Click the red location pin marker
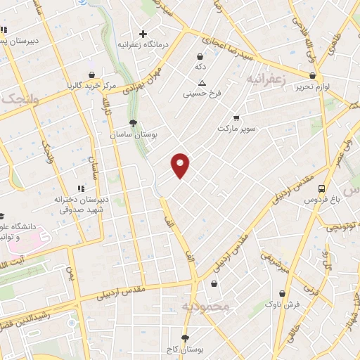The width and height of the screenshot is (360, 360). [181, 165]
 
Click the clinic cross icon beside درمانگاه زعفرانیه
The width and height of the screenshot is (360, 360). [143, 33]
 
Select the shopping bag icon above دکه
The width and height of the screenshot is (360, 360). [200, 56]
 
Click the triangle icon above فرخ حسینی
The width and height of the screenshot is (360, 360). [202, 82]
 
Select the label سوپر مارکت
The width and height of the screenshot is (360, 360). [235, 129]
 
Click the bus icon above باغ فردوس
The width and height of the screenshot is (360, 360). [321, 188]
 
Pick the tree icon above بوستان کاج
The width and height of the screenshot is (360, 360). [186, 337]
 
